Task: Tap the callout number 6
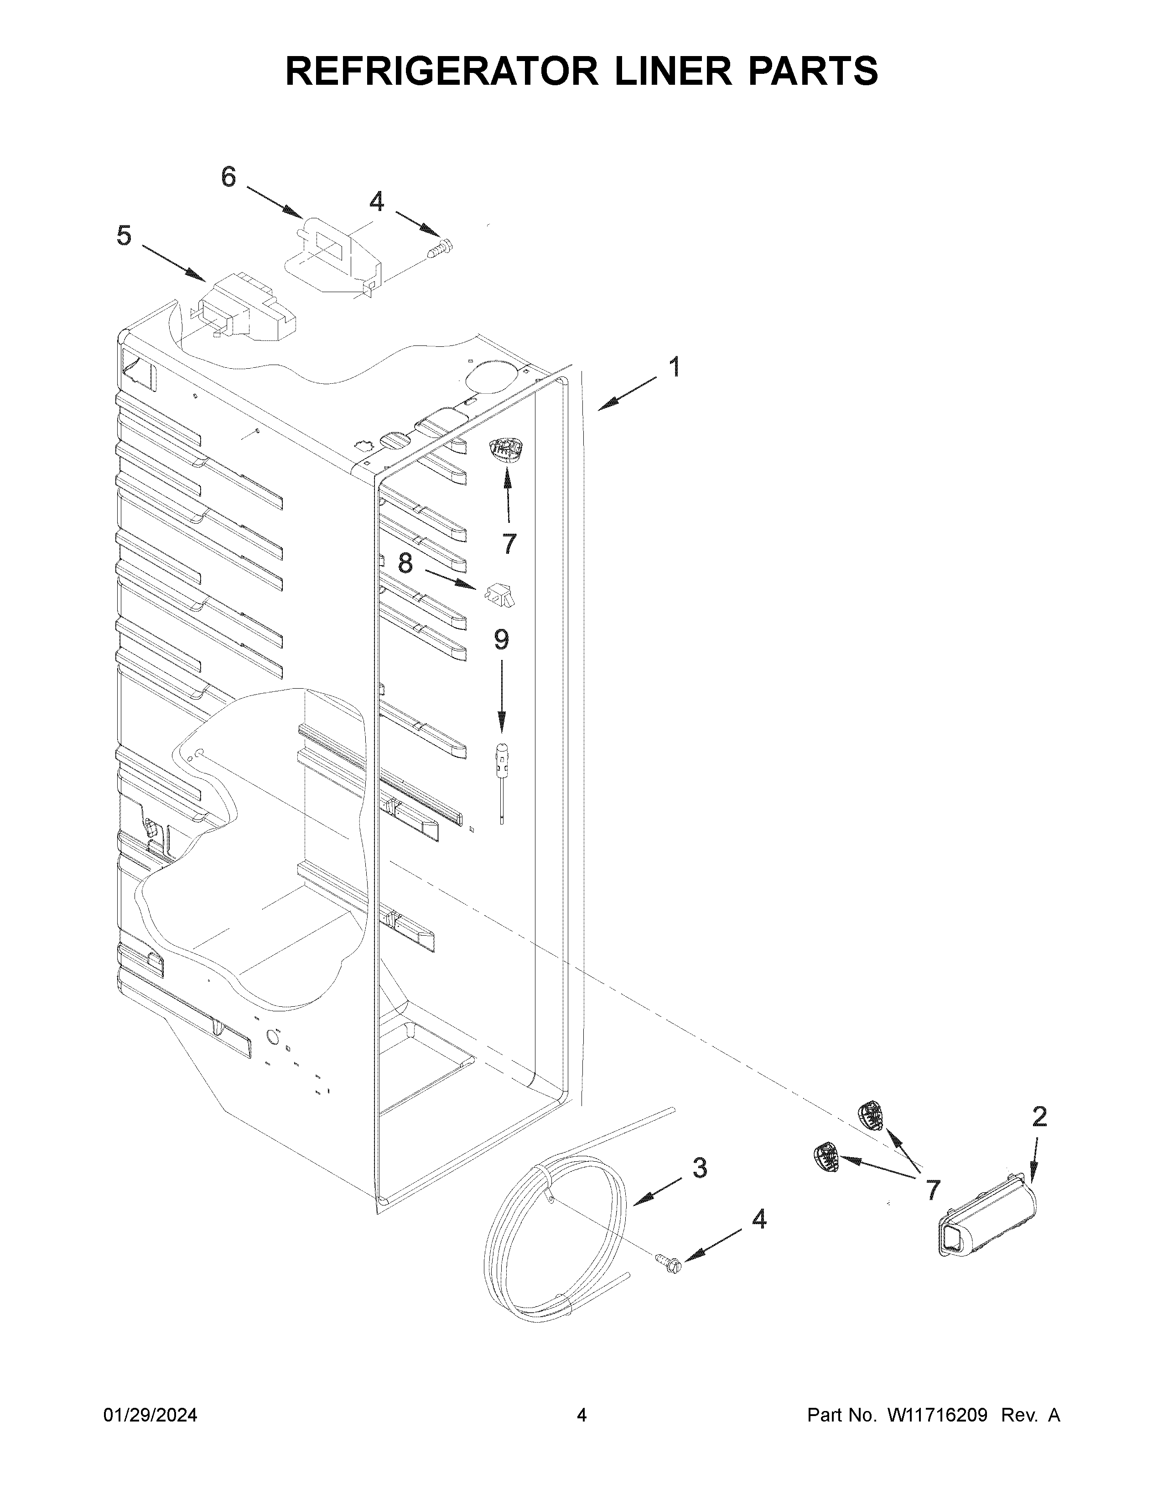pyautogui.click(x=228, y=178)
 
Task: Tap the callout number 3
pyautogui.click(x=699, y=1168)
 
